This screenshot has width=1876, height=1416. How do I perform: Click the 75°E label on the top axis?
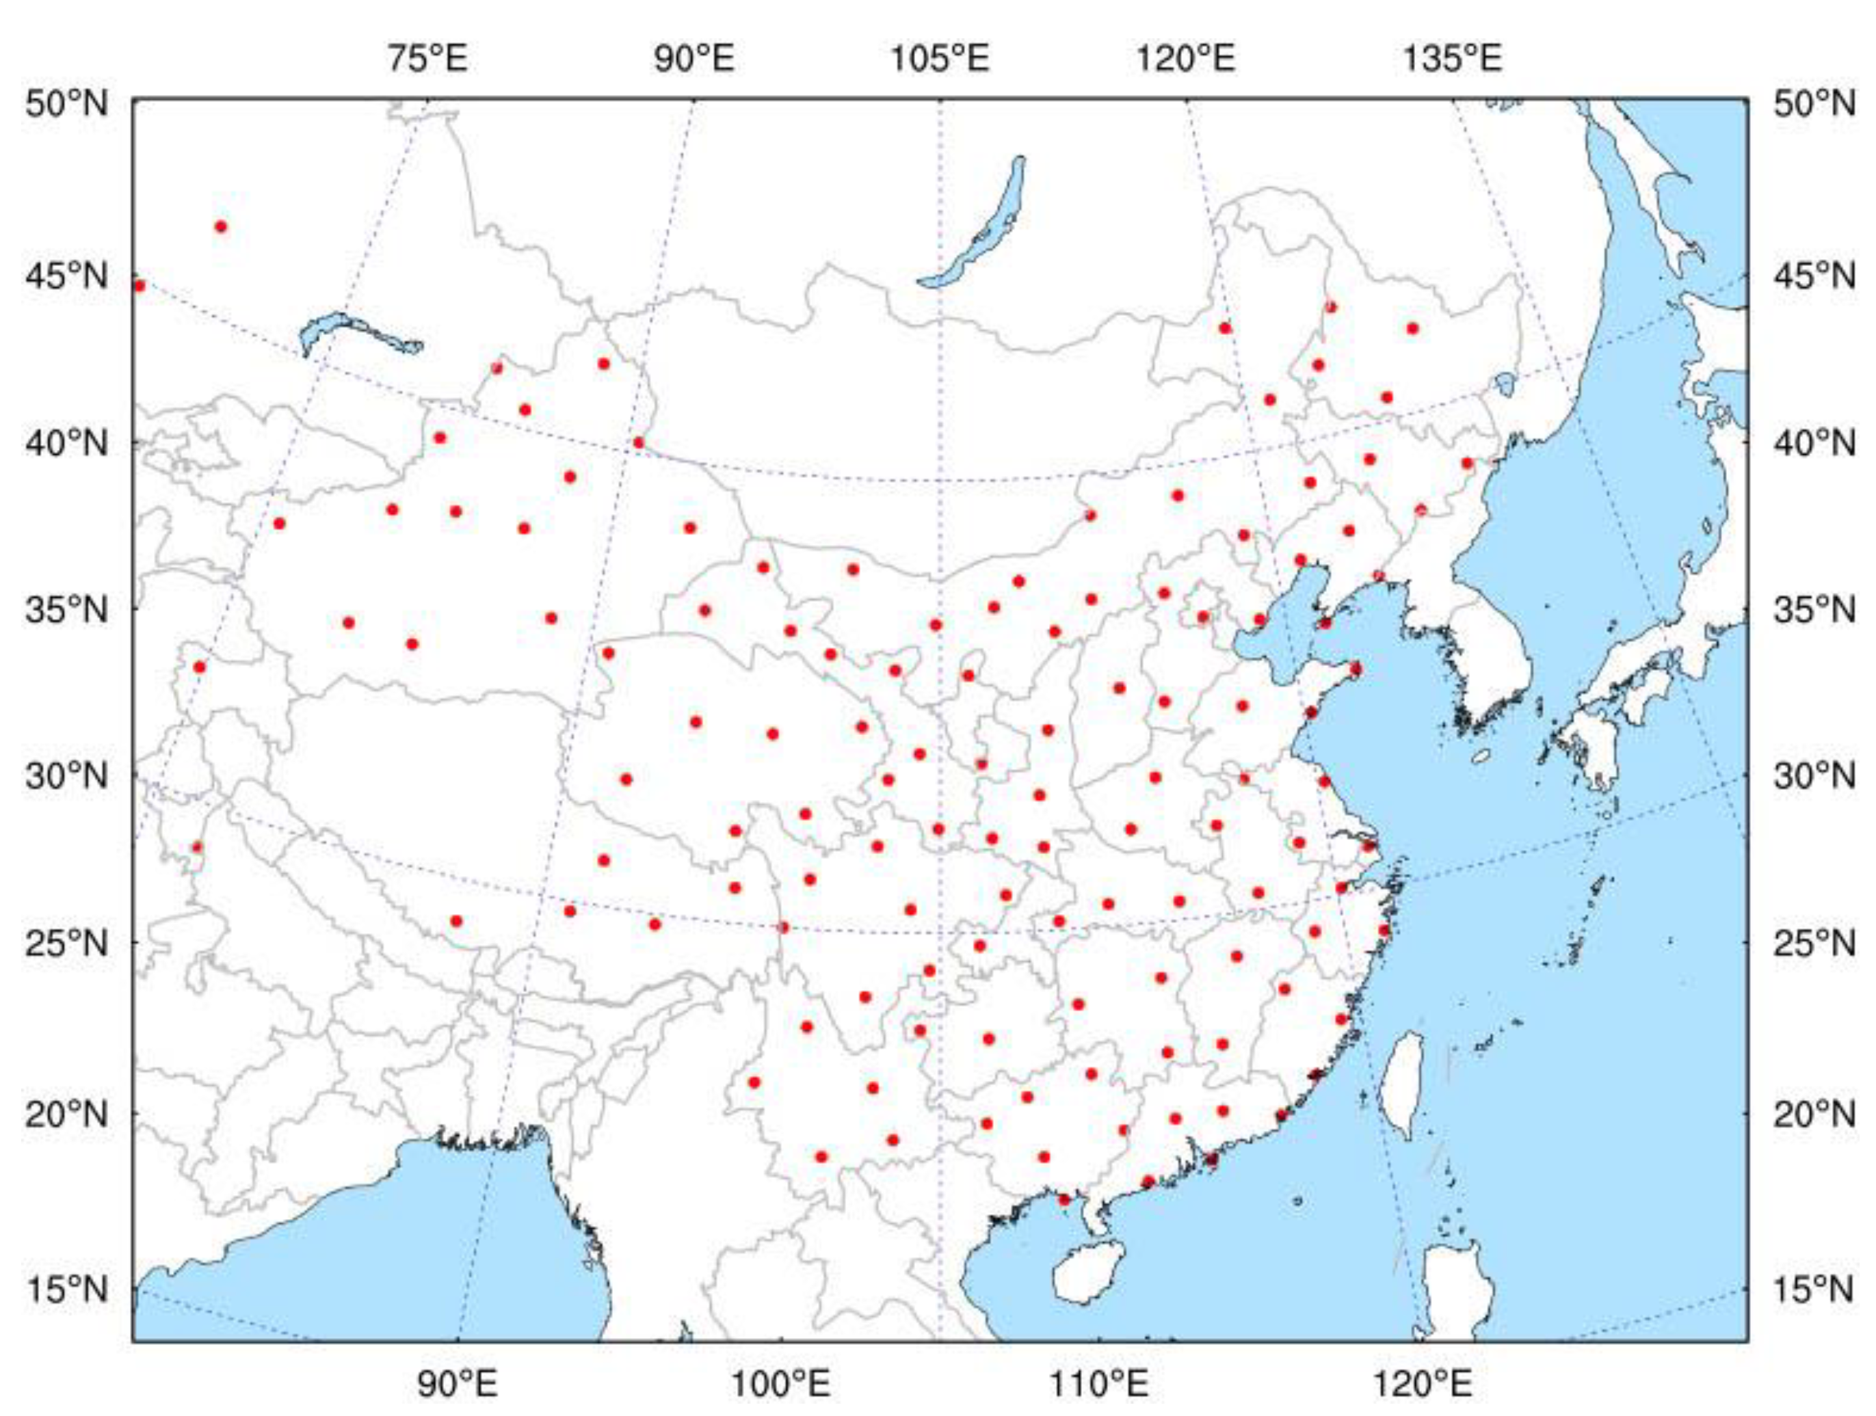click(x=428, y=59)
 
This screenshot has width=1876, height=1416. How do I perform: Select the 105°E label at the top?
click(x=939, y=59)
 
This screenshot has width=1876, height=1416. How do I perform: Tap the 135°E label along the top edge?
click(x=1452, y=59)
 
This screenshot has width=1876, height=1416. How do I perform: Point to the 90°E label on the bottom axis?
click(x=457, y=1385)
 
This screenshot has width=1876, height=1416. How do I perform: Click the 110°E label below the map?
click(x=1100, y=1385)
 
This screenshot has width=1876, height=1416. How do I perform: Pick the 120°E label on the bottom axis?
click(x=1421, y=1385)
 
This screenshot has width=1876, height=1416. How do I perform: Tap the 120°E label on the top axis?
click(x=1186, y=59)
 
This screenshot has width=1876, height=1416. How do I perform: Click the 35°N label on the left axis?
click(x=66, y=609)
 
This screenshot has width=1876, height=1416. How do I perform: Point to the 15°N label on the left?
click(x=66, y=1290)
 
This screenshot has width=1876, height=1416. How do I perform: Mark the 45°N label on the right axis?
click(x=1813, y=276)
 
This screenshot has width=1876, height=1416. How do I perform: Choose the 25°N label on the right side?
click(x=1813, y=942)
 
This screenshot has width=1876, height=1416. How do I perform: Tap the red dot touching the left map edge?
click(x=140, y=286)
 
